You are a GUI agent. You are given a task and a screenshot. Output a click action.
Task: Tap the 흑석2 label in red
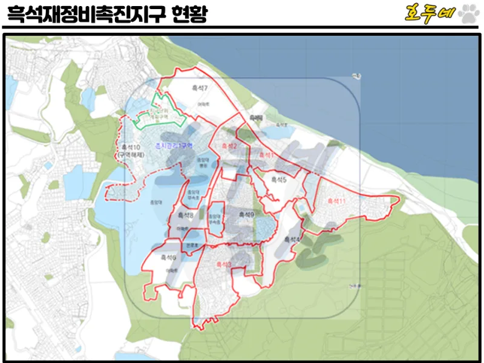click(229, 146)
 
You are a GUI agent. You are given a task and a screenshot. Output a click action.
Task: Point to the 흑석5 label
click(279, 179)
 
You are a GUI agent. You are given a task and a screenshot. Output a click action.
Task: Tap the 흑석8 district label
click(185, 215)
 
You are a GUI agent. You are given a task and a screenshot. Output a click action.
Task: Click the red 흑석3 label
click(223, 264)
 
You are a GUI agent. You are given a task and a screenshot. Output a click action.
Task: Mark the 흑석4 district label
click(293, 240)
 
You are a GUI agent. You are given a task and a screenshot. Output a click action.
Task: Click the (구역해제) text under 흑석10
click(131, 155)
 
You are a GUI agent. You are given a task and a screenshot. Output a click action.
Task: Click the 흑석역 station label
click(257, 118)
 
